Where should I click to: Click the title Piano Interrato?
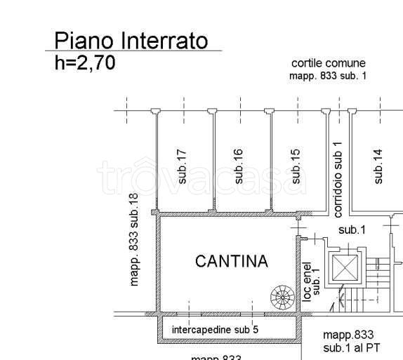(131, 41)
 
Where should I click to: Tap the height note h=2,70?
(84, 63)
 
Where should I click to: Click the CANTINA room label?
(231, 262)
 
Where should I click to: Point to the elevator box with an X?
(344, 267)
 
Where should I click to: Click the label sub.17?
(182, 167)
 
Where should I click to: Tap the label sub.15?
(296, 167)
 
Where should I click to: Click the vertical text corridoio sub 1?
(338, 179)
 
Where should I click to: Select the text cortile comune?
(329, 64)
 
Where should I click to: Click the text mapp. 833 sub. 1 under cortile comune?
(329, 76)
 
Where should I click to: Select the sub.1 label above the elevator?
(352, 230)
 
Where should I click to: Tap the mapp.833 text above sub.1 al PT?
(348, 335)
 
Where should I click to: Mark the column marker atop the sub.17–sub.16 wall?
(211, 110)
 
